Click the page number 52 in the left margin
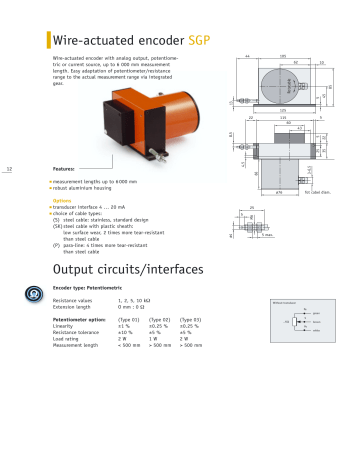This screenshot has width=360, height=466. pyautogui.click(x=9, y=169)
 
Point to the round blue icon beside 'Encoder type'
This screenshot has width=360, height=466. pyautogui.click(x=35, y=293)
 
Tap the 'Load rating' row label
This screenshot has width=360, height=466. pyautogui.click(x=67, y=338)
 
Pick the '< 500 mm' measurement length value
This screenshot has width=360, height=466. pyautogui.click(x=131, y=345)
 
